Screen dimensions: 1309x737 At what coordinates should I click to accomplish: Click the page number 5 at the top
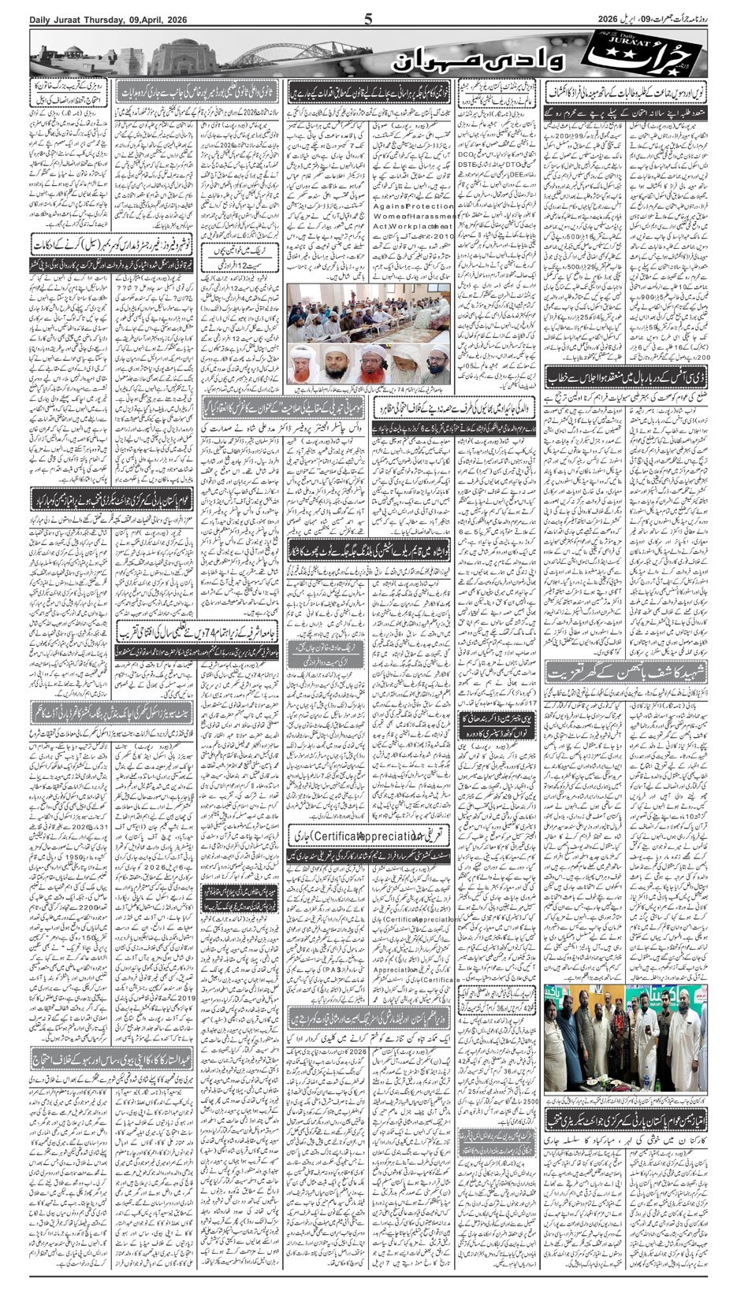(368, 19)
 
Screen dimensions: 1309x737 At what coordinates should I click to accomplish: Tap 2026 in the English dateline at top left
(173, 19)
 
